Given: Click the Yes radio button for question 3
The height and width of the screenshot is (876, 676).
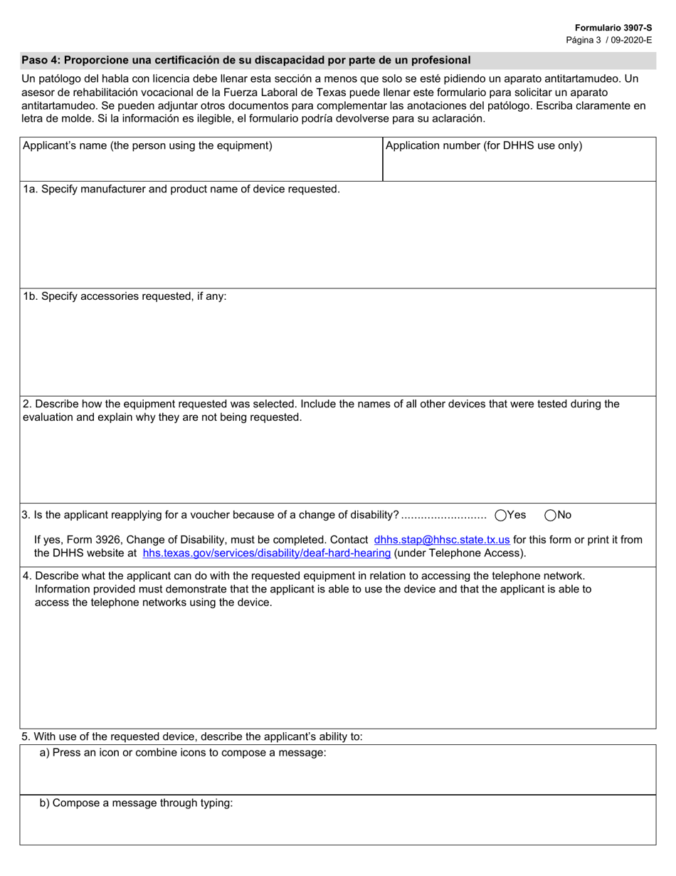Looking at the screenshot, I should pyautogui.click(x=501, y=515).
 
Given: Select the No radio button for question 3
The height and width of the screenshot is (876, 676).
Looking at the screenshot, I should pyautogui.click(x=551, y=515).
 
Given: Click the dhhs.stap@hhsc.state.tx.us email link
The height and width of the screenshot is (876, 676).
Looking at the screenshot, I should pyautogui.click(x=441, y=540).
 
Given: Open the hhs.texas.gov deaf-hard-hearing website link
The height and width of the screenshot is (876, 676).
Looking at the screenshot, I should pyautogui.click(x=267, y=553).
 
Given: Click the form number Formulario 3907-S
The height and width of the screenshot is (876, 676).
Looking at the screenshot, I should pyautogui.click(x=613, y=27).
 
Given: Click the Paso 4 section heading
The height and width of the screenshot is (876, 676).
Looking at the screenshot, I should pyautogui.click(x=245, y=60).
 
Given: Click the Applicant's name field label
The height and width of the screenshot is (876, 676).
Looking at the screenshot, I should pyautogui.click(x=147, y=146).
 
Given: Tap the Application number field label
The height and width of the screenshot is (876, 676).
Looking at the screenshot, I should pyautogui.click(x=483, y=146).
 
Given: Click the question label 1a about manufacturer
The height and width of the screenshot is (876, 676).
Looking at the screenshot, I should pyautogui.click(x=181, y=189).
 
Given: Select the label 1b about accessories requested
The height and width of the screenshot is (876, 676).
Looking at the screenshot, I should pyautogui.click(x=125, y=296).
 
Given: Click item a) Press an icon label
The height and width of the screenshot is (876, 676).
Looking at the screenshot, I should pyautogui.click(x=183, y=753).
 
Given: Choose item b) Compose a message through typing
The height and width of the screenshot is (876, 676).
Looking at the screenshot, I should pyautogui.click(x=136, y=803).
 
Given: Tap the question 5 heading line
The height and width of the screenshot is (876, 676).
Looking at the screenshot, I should pyautogui.click(x=192, y=736).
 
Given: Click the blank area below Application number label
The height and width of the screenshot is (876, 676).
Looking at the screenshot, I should pyautogui.click(x=519, y=167).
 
